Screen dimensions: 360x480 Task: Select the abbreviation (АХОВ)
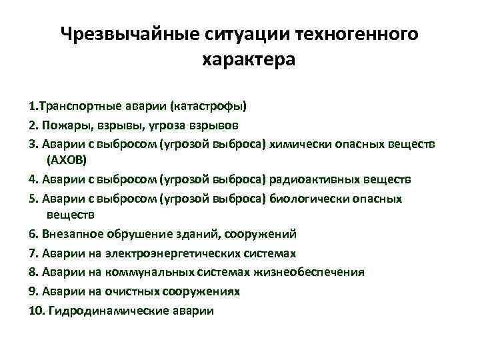[x=67, y=161]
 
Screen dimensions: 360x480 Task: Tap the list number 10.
[x=37, y=310]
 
